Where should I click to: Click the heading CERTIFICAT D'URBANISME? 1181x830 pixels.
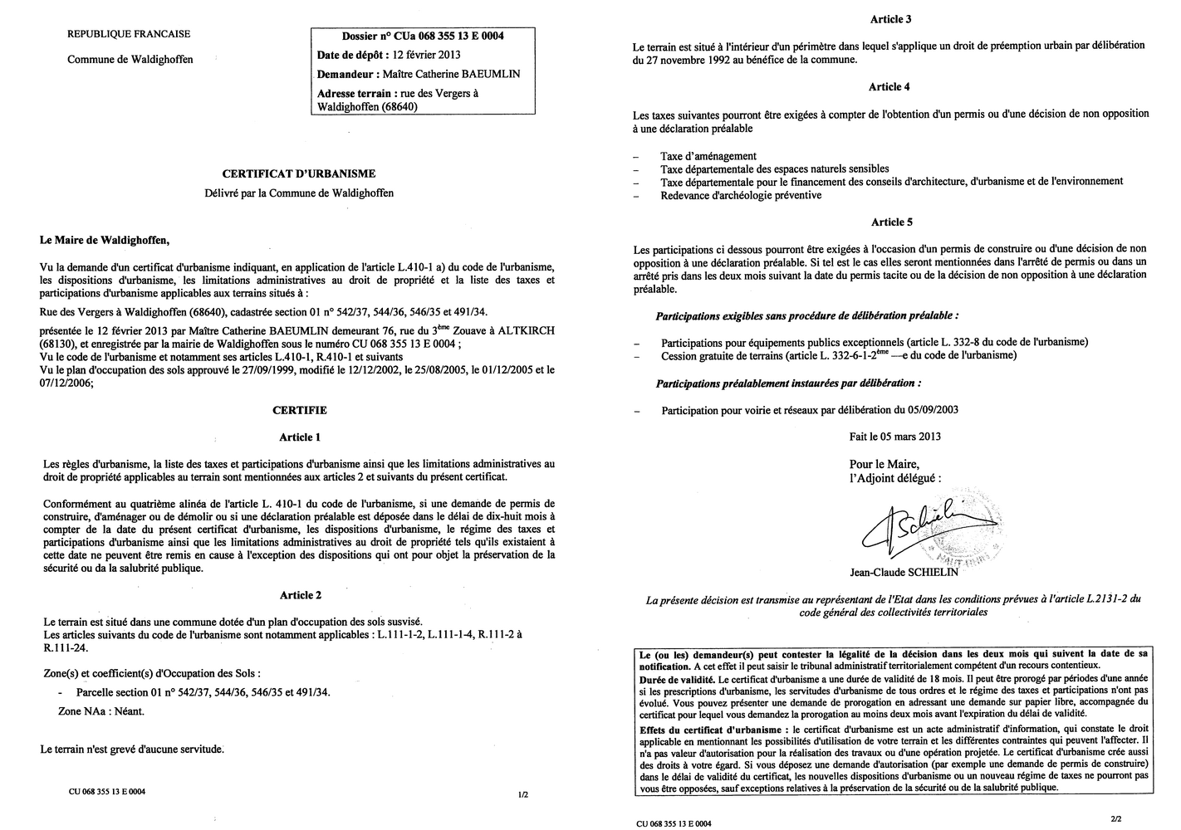(x=298, y=173)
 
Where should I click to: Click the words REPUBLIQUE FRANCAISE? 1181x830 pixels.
(x=129, y=34)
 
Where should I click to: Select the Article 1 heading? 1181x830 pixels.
(x=300, y=437)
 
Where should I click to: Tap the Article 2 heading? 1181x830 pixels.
(x=300, y=595)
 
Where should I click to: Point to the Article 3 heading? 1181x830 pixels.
(x=889, y=18)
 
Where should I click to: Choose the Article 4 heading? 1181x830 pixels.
(x=889, y=86)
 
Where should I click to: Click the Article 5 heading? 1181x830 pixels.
(x=891, y=222)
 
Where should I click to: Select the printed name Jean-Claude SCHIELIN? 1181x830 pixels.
(x=904, y=571)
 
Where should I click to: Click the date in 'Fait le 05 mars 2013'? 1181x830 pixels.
(x=913, y=437)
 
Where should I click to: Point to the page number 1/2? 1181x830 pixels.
(x=523, y=794)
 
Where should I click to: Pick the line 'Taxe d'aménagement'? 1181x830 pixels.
(x=708, y=156)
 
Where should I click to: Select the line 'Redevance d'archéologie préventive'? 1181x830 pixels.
(x=741, y=195)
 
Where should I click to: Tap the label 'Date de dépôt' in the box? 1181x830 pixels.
(x=352, y=55)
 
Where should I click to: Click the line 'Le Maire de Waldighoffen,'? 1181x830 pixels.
(x=104, y=242)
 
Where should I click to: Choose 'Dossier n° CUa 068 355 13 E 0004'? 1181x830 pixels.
(x=423, y=36)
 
